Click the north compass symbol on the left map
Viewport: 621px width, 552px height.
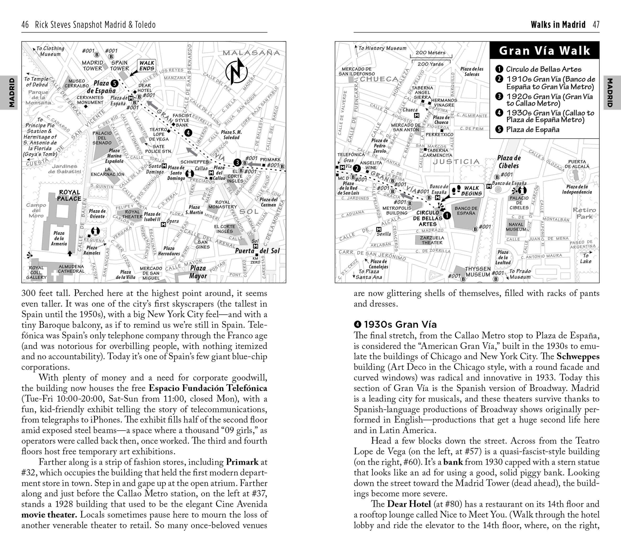(236, 72)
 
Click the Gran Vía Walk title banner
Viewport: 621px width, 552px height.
(544, 50)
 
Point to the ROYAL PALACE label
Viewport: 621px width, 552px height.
(70, 196)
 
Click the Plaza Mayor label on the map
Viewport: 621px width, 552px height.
(198, 272)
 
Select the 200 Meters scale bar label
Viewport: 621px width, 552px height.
(430, 53)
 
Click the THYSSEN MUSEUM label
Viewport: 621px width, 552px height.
(478, 272)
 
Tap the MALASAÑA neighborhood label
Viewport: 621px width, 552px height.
(251, 53)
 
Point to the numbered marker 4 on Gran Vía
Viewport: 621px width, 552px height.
(188, 133)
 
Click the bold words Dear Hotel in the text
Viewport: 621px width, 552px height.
(409, 504)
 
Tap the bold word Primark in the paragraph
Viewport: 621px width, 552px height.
(242, 462)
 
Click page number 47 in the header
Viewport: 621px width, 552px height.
(596, 25)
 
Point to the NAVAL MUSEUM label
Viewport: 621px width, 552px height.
(516, 227)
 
